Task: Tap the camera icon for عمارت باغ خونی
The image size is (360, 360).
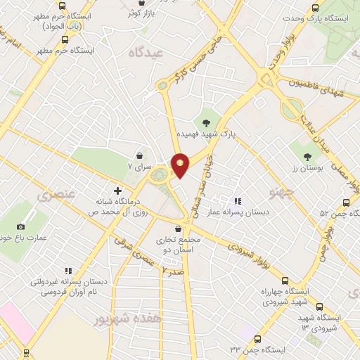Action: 21,226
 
